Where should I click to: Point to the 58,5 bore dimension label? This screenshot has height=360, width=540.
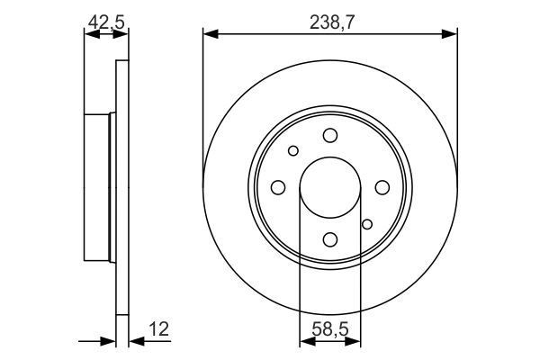click(329, 329)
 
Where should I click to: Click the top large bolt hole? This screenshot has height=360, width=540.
click(330, 135)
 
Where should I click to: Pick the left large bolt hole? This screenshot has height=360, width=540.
click(278, 187)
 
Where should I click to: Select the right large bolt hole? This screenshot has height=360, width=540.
click(382, 187)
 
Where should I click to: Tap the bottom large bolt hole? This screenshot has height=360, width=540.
click(330, 238)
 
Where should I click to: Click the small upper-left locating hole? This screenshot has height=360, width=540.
click(293, 150)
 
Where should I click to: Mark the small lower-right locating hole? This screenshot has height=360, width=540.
click(366, 224)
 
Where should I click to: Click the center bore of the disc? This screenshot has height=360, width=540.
click(329, 187)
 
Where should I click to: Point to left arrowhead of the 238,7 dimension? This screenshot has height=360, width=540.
click(210, 34)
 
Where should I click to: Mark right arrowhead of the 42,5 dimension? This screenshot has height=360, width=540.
click(123, 34)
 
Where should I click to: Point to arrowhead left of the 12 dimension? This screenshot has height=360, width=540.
click(110, 342)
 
